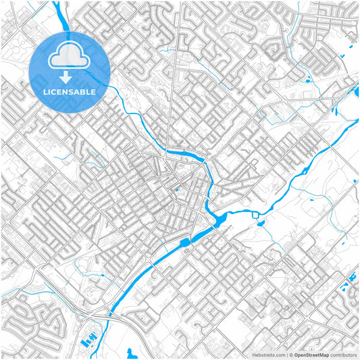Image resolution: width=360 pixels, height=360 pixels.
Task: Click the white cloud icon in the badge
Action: (70, 56)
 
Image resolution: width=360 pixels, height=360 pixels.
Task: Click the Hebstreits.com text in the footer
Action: (269, 354)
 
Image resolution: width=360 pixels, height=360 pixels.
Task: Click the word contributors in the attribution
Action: (343, 354)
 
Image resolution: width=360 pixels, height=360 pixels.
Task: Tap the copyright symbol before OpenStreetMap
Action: (293, 354)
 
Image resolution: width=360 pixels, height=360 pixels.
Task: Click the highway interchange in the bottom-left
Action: (95, 314)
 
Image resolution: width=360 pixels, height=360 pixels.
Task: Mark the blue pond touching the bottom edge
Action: (131, 353)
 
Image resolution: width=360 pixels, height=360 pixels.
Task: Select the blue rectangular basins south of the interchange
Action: (88, 340)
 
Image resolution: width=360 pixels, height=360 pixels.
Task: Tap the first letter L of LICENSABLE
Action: (45, 91)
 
